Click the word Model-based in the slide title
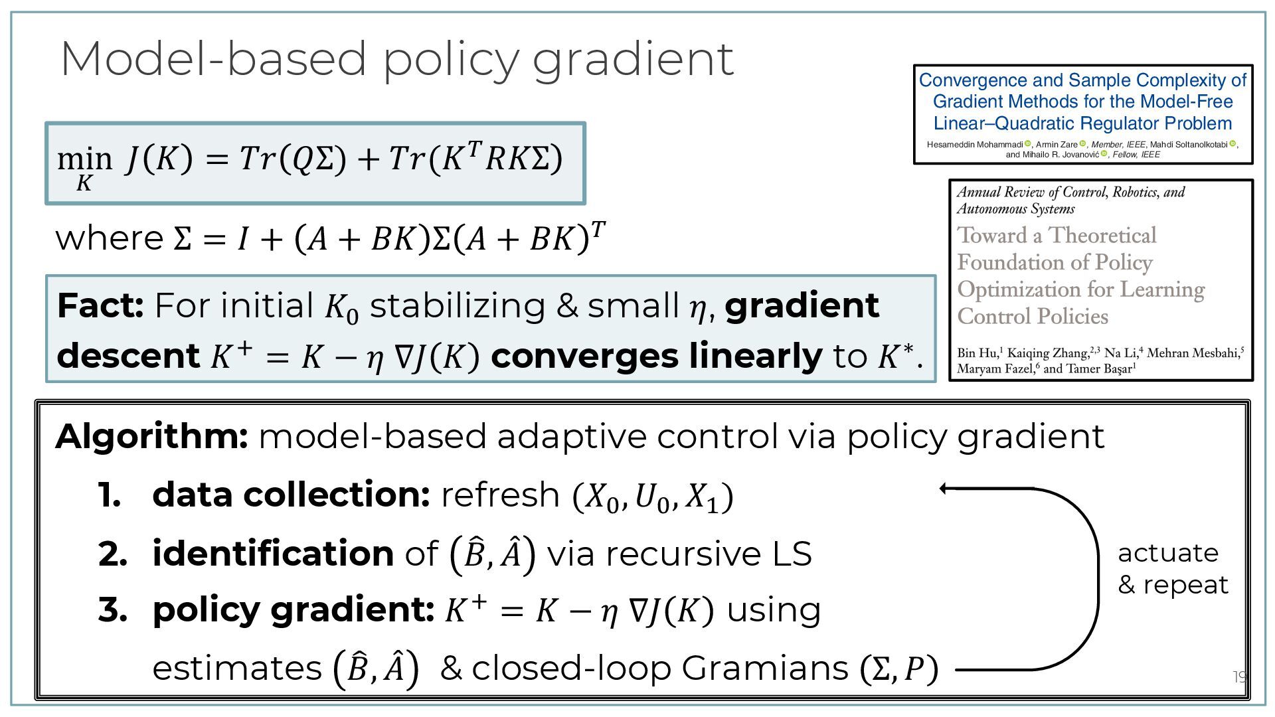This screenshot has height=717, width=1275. click(x=212, y=58)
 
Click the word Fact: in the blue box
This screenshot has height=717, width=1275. click(x=100, y=306)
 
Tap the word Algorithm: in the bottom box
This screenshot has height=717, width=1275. click(x=151, y=437)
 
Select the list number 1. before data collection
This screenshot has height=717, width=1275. click(x=110, y=495)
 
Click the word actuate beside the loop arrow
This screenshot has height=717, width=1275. click(x=1168, y=553)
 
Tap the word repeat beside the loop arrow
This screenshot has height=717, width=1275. click(x=1185, y=585)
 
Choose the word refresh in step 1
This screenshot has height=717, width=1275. click(x=500, y=495)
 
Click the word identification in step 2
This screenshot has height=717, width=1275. click(x=273, y=554)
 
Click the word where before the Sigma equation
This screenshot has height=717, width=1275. click(x=109, y=238)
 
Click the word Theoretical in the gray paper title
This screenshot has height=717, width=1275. click(x=1102, y=236)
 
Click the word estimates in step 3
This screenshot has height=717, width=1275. click(x=237, y=668)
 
